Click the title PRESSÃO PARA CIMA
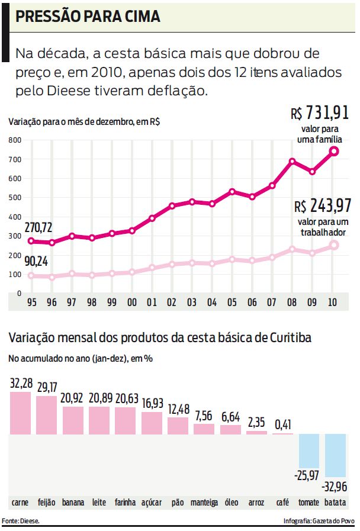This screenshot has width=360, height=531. click(x=88, y=17)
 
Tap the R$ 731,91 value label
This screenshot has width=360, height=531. click(x=320, y=113)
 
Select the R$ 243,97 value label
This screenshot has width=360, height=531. click(x=323, y=207)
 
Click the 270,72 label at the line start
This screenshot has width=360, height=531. click(x=38, y=227)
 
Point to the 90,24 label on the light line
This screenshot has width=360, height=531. click(x=37, y=262)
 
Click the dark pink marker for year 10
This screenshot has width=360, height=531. click(x=334, y=151)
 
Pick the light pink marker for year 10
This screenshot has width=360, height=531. click(x=334, y=244)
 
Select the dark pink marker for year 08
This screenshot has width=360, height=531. click(x=292, y=161)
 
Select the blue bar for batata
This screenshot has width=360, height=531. click(x=335, y=455)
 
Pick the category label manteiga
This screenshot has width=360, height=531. click(x=204, y=503)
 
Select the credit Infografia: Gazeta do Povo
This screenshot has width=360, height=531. click(x=319, y=520)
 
